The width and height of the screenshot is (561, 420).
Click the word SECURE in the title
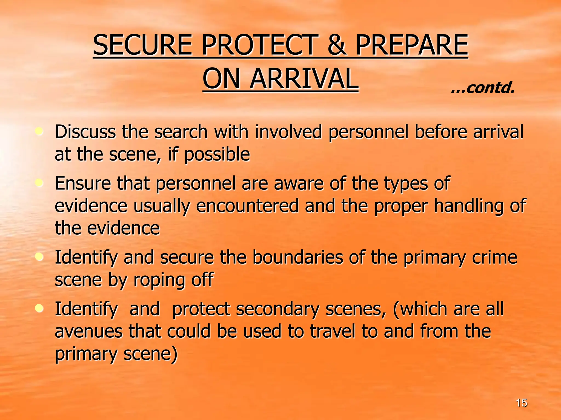tap(142, 45)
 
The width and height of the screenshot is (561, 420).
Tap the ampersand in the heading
tap(337, 45)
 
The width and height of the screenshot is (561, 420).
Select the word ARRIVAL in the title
tap(304, 79)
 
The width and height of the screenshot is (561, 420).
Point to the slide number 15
tap(521, 403)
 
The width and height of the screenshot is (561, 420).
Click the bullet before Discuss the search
tap(40, 132)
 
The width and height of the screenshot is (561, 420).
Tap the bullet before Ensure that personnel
tap(40, 183)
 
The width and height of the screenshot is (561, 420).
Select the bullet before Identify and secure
tap(40, 257)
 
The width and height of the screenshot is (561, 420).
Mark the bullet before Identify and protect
tap(40, 308)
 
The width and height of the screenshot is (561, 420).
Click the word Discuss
tap(85, 132)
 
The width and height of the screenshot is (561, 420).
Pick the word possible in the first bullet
tap(217, 155)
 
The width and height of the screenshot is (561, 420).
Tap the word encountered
tap(247, 206)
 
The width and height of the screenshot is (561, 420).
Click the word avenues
tap(88, 331)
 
